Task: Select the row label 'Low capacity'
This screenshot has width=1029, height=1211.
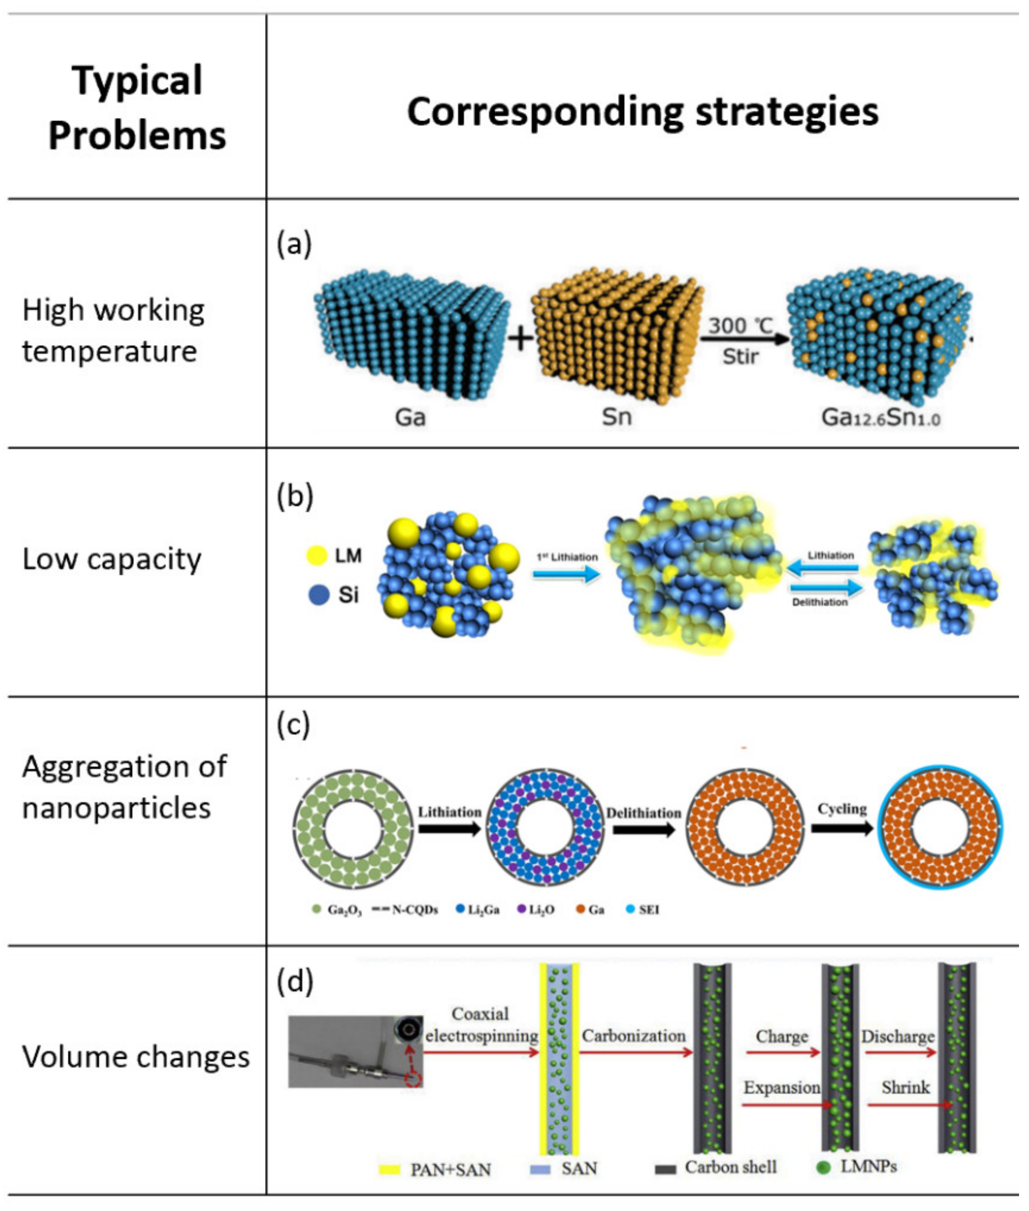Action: tap(112, 559)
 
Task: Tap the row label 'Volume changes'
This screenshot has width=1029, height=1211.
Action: tap(136, 1056)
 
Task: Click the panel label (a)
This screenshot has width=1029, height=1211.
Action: tap(294, 244)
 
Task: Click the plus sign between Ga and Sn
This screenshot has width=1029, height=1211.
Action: tap(521, 338)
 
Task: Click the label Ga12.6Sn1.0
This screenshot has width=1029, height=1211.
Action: tap(880, 418)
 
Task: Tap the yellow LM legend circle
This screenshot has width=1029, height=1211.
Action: tap(317, 555)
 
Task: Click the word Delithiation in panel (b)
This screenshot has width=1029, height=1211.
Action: tap(819, 602)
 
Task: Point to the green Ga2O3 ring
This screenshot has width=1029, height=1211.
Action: tap(353, 828)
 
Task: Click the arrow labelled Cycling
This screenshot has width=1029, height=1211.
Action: tap(842, 827)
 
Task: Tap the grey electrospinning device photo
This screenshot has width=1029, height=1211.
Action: tap(355, 1052)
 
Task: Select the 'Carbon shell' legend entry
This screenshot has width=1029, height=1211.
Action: tap(716, 1167)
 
